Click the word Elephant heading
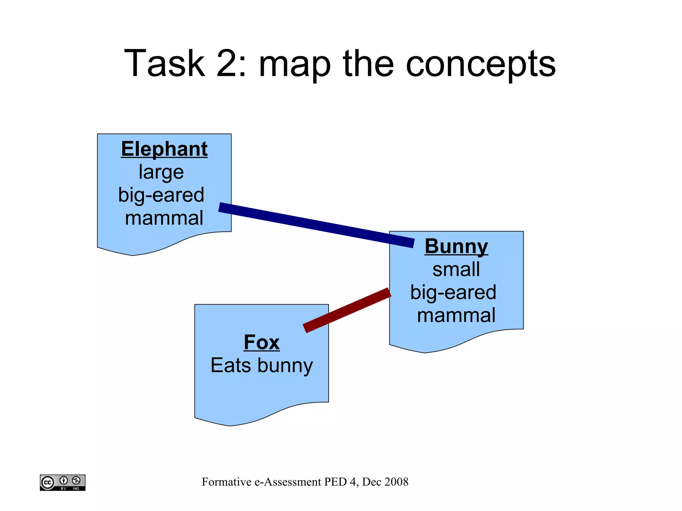(x=164, y=149)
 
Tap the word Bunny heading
(x=456, y=246)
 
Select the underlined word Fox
(x=262, y=342)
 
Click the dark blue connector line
(x=316, y=225)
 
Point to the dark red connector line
(x=347, y=310)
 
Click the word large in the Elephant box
(x=161, y=172)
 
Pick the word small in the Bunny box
(x=456, y=269)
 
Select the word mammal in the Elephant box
(x=164, y=218)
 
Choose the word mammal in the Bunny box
(x=456, y=315)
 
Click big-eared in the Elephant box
(x=161, y=195)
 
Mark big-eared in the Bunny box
(x=453, y=292)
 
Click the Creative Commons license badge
(x=63, y=482)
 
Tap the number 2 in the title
(x=227, y=63)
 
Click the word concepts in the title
(x=481, y=64)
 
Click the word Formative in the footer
(x=226, y=482)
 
